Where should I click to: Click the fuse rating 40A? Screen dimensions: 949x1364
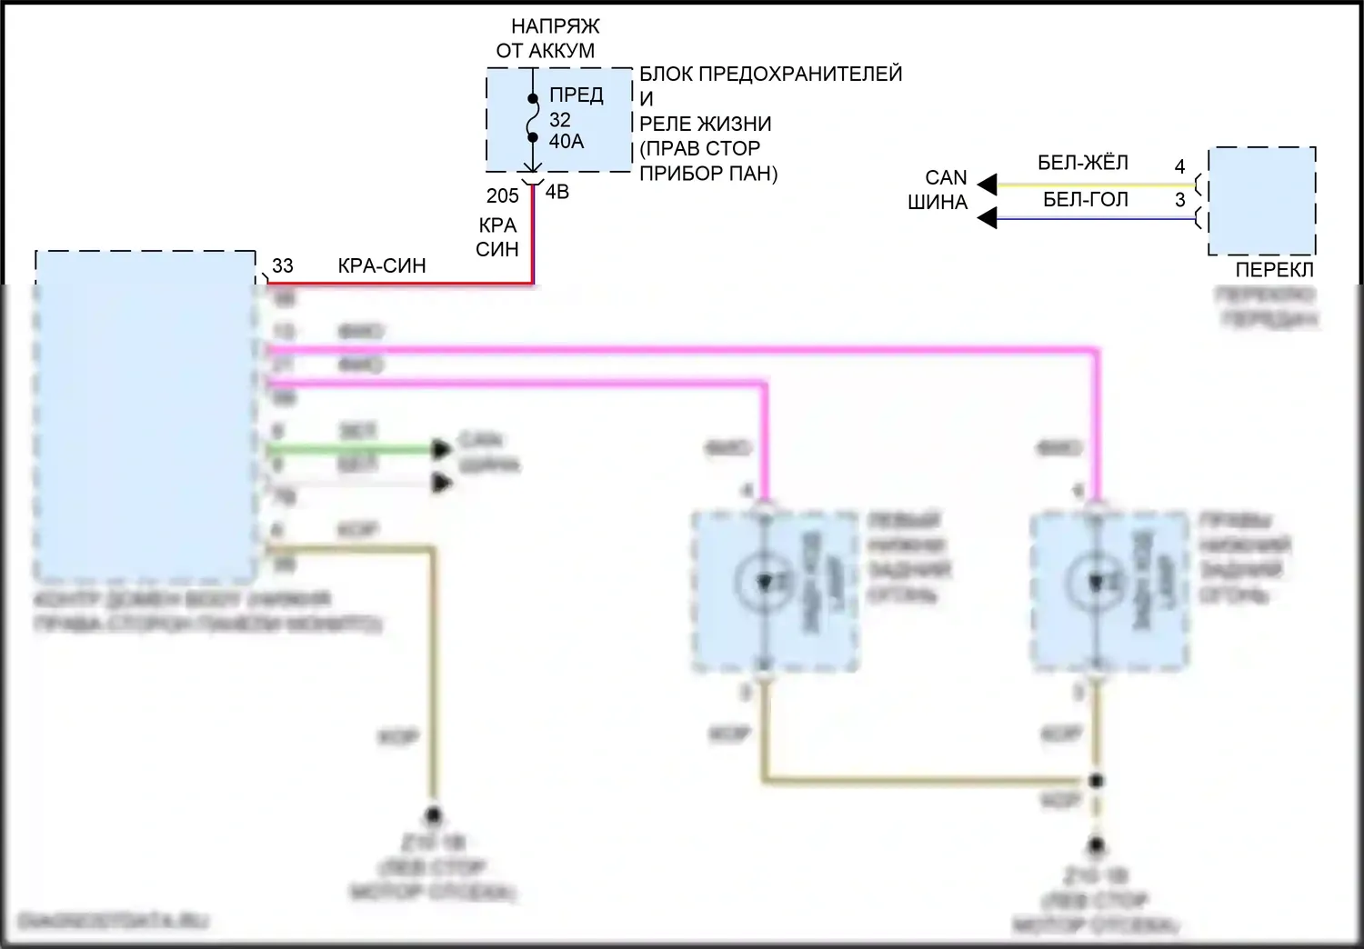566,142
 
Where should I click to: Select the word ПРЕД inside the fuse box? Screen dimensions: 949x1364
576,95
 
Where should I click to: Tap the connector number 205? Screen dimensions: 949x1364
502,195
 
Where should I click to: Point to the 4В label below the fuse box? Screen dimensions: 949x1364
557,192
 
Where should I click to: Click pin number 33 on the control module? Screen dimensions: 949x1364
283,265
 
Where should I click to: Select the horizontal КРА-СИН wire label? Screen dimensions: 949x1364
382,265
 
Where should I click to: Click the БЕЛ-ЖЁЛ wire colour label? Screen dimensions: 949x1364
1082,163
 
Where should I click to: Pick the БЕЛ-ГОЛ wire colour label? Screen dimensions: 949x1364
1085,199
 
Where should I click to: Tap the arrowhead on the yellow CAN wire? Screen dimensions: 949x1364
987,185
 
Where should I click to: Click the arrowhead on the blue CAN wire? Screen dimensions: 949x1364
987,218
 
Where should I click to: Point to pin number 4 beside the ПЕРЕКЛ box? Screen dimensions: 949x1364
1179,166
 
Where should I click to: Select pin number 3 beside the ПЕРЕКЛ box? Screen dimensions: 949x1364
1179,200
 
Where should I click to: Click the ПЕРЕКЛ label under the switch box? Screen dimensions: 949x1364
1274,270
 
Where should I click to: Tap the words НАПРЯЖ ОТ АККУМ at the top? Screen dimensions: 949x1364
549,38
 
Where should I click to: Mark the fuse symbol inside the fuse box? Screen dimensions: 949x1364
533,118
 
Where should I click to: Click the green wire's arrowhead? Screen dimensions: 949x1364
442,449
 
